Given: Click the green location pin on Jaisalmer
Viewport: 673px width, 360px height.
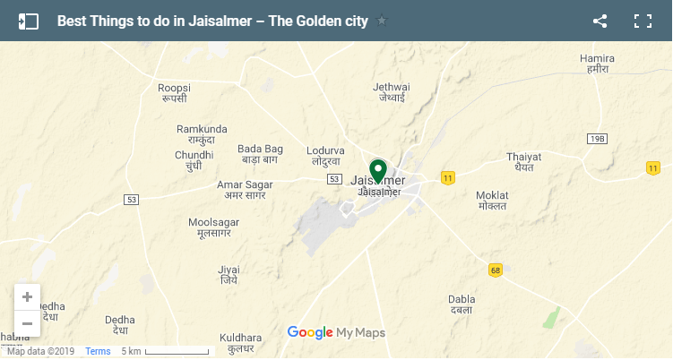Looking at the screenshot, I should (378, 170).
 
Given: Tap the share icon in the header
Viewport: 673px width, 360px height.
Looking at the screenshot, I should (600, 21).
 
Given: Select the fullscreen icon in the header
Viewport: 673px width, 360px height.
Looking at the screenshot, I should (642, 21).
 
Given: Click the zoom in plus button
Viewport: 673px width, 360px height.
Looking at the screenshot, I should (27, 296).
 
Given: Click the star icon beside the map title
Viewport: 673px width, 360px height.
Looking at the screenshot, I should (382, 21).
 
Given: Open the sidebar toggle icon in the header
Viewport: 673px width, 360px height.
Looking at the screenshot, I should (28, 21).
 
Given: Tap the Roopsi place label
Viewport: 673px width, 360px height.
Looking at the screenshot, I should (175, 87).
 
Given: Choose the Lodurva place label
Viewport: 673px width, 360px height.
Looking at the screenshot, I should (325, 150).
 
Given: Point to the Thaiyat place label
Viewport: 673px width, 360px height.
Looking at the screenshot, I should (524, 156).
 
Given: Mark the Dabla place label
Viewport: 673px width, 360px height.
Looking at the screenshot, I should (462, 300).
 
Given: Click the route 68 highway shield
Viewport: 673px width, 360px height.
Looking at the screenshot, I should (496, 269).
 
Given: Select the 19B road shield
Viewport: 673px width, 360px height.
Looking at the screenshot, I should (598, 139).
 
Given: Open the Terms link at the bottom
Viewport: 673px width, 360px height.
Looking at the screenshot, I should (98, 351).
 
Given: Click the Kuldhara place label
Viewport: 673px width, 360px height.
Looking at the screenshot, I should (241, 339).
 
